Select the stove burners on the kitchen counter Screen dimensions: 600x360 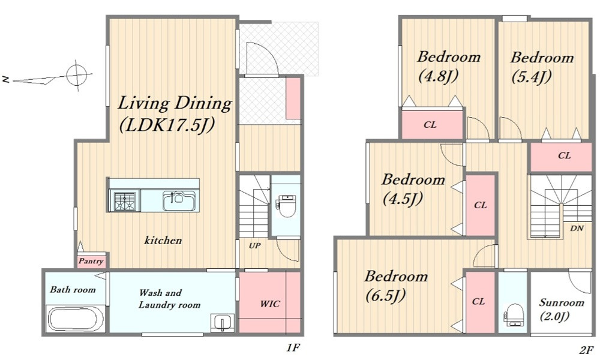[124, 201]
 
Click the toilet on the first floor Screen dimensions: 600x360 [286, 206]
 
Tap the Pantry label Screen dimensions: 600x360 [91, 261]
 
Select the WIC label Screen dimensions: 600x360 [270, 304]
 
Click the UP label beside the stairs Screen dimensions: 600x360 [255, 245]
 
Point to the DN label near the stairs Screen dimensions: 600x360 [577, 229]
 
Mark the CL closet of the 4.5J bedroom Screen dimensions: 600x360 [481, 205]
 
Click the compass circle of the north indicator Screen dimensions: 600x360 [76, 75]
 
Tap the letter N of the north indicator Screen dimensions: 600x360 [6, 80]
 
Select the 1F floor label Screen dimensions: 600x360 [293, 347]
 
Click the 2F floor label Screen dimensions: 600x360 [586, 349]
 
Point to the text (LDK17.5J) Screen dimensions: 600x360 [166, 124]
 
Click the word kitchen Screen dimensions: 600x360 [163, 240]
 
